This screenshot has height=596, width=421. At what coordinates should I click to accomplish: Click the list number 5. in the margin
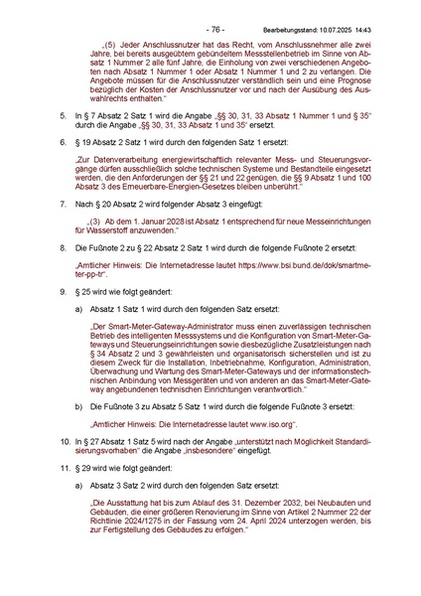[x=63, y=116]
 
